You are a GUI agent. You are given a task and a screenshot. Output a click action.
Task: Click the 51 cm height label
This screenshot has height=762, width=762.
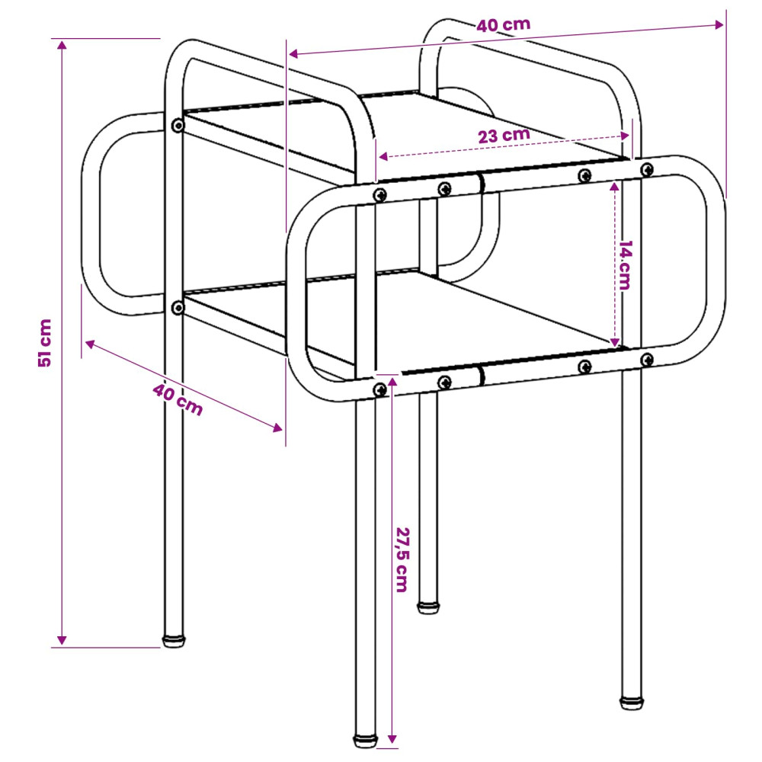tap(45, 343)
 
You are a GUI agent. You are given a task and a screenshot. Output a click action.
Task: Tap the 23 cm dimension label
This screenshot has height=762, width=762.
tap(504, 136)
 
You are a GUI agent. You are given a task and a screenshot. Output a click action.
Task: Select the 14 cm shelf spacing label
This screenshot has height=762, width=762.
tap(625, 265)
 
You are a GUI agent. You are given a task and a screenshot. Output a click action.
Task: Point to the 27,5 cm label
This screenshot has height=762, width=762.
tap(402, 560)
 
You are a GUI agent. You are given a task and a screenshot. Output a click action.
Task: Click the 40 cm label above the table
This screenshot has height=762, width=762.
tap(503, 24)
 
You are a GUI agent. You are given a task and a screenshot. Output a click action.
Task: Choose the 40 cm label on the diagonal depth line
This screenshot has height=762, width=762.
tap(178, 399)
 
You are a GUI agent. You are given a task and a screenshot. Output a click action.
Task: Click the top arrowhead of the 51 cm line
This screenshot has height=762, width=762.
tap(62, 46)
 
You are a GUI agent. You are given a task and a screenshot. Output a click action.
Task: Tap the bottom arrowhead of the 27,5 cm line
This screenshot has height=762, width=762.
tap(392, 738)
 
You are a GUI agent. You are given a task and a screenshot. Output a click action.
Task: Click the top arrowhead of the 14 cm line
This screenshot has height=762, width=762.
tap(614, 187)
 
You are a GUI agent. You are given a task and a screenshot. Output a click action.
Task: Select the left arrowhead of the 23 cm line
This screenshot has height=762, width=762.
tap(383, 156)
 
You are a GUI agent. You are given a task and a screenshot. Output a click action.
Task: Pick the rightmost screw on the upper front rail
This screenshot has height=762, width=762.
tap(646, 170)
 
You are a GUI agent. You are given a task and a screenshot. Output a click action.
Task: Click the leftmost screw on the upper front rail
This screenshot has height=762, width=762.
tap(379, 195)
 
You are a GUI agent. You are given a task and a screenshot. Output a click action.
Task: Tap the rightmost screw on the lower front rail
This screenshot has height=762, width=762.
tap(646, 360)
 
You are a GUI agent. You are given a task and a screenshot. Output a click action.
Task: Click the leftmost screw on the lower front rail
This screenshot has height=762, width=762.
tap(379, 389)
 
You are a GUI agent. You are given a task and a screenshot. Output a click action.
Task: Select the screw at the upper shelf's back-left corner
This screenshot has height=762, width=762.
tap(178, 126)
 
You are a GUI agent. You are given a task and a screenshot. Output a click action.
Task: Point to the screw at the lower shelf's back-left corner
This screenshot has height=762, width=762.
tap(178, 308)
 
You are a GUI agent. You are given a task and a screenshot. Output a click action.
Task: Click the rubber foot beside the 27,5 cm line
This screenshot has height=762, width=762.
tap(366, 741)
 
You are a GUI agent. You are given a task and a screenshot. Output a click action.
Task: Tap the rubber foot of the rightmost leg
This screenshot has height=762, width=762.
tap(632, 703)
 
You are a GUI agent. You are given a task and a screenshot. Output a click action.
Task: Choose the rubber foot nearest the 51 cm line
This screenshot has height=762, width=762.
tap(174, 641)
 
